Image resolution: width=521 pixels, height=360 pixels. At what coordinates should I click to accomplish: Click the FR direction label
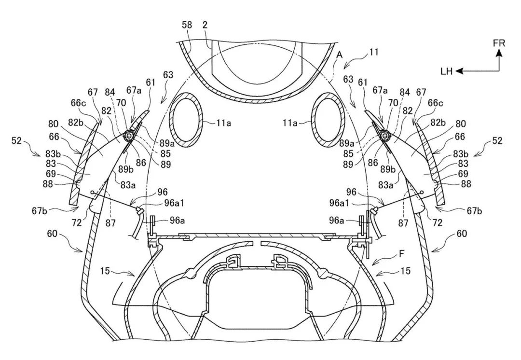click(x=499, y=43)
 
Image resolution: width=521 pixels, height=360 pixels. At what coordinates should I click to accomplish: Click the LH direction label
click(x=447, y=71)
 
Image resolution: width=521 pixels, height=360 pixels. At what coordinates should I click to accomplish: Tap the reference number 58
click(x=188, y=25)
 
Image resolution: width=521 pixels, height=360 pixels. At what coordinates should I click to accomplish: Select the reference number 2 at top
click(x=205, y=25)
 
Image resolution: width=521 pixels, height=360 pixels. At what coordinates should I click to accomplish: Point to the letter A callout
click(x=339, y=55)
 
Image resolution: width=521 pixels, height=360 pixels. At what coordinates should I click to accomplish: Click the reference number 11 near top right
click(x=374, y=52)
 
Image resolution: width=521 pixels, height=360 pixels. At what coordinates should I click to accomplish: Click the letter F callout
click(x=402, y=255)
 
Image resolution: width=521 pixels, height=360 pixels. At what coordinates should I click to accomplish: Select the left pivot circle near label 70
click(x=128, y=135)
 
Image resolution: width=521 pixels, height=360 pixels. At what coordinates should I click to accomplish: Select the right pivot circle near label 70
click(x=386, y=135)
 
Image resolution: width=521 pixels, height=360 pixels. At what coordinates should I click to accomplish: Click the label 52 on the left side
click(x=16, y=141)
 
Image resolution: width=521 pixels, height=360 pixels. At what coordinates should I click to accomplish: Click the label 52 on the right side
click(x=497, y=141)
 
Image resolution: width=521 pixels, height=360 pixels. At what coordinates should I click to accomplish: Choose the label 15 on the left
click(x=105, y=271)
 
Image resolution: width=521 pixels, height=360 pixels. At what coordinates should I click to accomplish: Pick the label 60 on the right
click(x=462, y=234)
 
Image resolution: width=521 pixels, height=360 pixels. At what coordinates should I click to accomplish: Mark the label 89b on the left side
click(x=126, y=169)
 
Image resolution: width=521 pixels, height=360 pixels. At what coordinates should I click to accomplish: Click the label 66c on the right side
click(x=435, y=103)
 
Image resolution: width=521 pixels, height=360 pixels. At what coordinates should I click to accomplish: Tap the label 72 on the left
click(x=76, y=222)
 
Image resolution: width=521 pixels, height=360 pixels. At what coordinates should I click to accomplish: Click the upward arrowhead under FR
click(x=499, y=53)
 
